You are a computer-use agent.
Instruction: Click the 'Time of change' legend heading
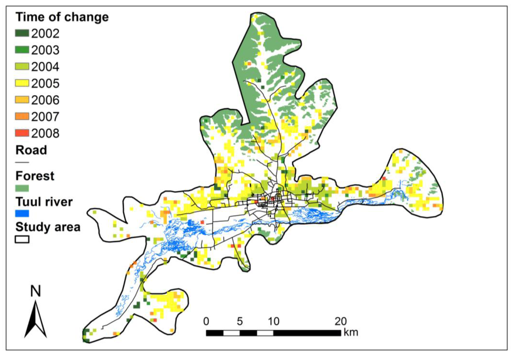pyautogui.click(x=62, y=17)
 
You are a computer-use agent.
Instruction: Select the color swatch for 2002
pyautogui.click(x=22, y=34)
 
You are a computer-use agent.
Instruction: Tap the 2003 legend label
pyautogui.click(x=45, y=50)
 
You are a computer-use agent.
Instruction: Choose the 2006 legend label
pyautogui.click(x=45, y=100)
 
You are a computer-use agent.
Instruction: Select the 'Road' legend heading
pyautogui.click(x=31, y=150)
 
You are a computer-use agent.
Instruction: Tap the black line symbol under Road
pyautogui.click(x=22, y=163)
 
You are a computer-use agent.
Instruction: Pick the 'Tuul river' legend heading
pyautogui.click(x=44, y=202)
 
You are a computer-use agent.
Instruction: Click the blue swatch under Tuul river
pyautogui.click(x=22, y=214)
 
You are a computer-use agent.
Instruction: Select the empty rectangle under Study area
pyautogui.click(x=22, y=240)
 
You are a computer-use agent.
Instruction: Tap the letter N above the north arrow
pyautogui.click(x=35, y=291)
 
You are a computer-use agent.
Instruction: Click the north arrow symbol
pyautogui.click(x=35, y=319)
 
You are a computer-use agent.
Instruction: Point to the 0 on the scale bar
pyautogui.click(x=206, y=321)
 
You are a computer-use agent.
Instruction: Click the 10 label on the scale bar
pyautogui.click(x=274, y=321)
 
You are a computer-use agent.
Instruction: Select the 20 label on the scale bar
pyautogui.click(x=340, y=321)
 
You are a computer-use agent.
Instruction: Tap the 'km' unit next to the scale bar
pyautogui.click(x=351, y=332)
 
